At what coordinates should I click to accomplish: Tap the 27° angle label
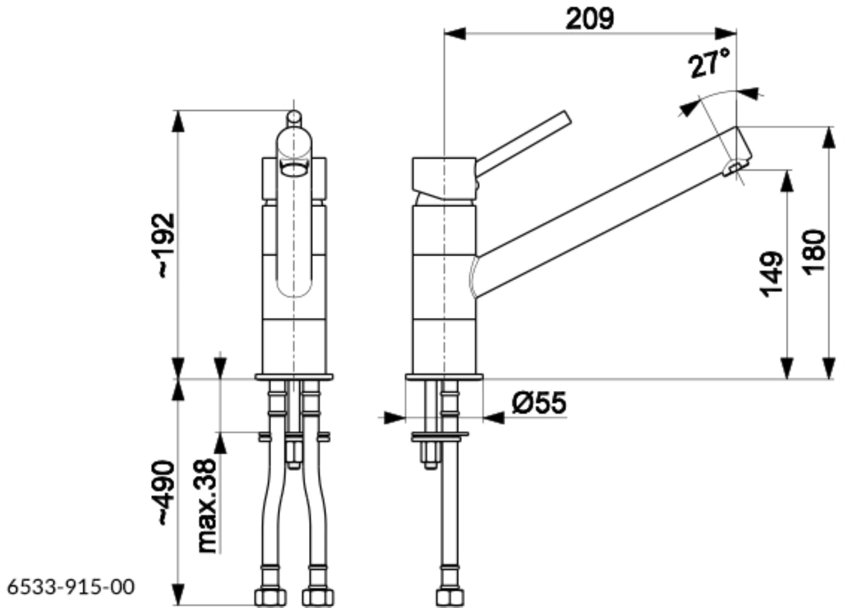click(x=709, y=63)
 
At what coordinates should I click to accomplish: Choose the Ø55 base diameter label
click(x=539, y=402)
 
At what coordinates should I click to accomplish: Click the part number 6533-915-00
click(x=71, y=586)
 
